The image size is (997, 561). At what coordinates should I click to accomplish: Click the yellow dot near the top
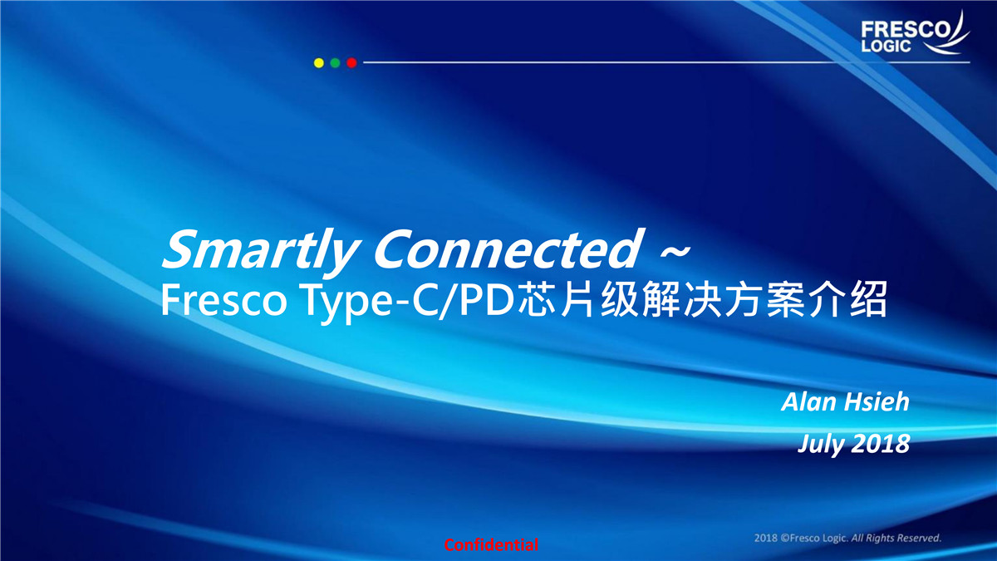[x=319, y=63]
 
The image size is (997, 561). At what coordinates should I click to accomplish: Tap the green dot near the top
[x=335, y=63]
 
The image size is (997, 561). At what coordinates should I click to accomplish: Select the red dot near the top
[x=351, y=63]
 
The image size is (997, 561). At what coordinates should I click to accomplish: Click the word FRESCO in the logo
[x=906, y=30]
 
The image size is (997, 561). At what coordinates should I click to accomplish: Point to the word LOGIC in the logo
[x=886, y=47]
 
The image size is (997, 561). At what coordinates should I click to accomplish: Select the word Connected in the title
[x=508, y=249]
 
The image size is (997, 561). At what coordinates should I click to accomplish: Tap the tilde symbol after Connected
[x=675, y=253]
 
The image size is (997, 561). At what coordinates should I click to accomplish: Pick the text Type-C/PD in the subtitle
[x=409, y=302]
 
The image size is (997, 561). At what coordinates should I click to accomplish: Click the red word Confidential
[x=491, y=544]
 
